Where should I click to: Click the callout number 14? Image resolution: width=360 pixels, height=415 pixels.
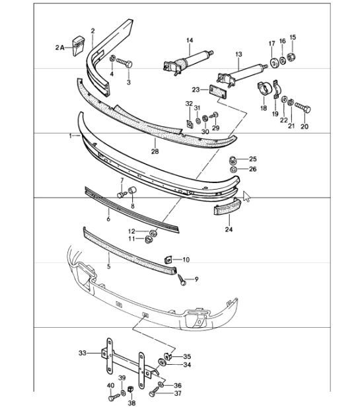190,40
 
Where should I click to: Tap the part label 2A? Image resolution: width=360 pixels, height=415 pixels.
59,48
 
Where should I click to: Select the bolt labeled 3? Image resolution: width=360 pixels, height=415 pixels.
124,63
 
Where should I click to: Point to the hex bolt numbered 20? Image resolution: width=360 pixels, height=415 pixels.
303,108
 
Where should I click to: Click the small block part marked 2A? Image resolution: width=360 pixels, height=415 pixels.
79,46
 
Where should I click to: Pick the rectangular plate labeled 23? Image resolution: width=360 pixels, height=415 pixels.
218,92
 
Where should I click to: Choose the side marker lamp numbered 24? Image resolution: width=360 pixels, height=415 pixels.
227,207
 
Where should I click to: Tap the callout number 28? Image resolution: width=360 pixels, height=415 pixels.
155,151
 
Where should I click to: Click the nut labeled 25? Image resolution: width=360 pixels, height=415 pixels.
233,160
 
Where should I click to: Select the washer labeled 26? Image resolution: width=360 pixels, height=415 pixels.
233,169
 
